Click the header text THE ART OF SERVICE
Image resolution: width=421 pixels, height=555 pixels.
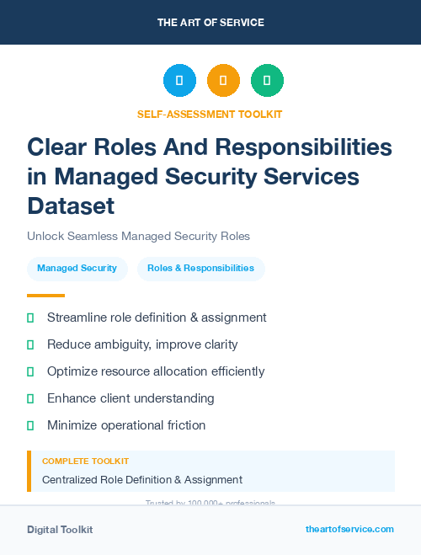pos(210,23)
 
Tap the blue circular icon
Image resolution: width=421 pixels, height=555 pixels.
pos(179,81)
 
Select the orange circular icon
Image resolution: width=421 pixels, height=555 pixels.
pos(223,81)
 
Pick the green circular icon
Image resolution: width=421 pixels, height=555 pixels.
pos(267,81)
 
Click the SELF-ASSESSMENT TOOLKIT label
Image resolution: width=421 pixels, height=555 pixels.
pos(210,114)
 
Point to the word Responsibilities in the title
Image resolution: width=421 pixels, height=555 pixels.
pos(304,147)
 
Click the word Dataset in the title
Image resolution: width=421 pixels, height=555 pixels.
pos(71,205)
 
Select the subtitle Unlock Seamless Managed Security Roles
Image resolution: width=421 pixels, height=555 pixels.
pos(138,237)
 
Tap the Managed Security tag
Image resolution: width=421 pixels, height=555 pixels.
pos(77,268)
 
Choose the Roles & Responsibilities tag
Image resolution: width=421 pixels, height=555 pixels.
pos(200,268)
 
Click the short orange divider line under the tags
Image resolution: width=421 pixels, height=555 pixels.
pos(45,296)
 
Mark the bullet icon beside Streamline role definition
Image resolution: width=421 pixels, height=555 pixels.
pos(30,318)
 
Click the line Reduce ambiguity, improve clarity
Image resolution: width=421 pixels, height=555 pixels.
pos(142,344)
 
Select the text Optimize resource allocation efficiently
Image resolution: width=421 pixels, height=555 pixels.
pos(156,371)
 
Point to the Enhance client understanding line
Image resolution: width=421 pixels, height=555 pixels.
pos(131,398)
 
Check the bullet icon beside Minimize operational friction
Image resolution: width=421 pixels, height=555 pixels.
pos(30,425)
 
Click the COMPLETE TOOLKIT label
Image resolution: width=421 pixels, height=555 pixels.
pos(85,462)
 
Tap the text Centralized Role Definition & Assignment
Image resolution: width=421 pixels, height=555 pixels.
pos(142,480)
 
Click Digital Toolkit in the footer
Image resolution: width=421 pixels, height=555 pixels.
pos(60,530)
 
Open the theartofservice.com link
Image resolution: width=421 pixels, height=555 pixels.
pos(349,529)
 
